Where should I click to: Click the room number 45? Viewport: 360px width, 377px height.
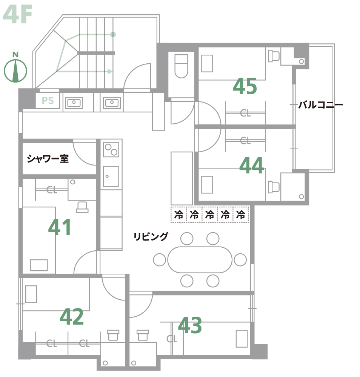coord(245,86)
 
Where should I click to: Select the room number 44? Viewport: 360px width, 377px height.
coord(251,166)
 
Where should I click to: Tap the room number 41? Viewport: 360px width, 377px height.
coord(60,227)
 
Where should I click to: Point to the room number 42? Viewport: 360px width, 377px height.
coord(72,317)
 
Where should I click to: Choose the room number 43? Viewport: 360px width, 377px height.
coord(190,325)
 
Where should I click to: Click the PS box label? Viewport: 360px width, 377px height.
coord(47,101)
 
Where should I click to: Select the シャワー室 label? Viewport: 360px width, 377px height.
coord(48,159)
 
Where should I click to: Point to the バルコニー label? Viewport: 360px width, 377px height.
coord(320,105)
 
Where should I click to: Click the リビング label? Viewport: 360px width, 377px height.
coord(151,237)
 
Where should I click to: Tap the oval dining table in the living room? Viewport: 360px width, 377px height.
coord(200,259)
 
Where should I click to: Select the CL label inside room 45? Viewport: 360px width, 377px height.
coord(245,113)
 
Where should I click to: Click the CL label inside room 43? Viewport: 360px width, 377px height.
coord(172,339)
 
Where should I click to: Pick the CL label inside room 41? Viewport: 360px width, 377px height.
coord(52,190)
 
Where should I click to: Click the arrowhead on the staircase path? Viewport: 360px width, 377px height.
coord(110,71)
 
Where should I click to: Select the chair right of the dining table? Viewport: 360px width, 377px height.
coord(240,259)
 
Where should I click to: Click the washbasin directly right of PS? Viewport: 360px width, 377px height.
coord(74,102)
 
